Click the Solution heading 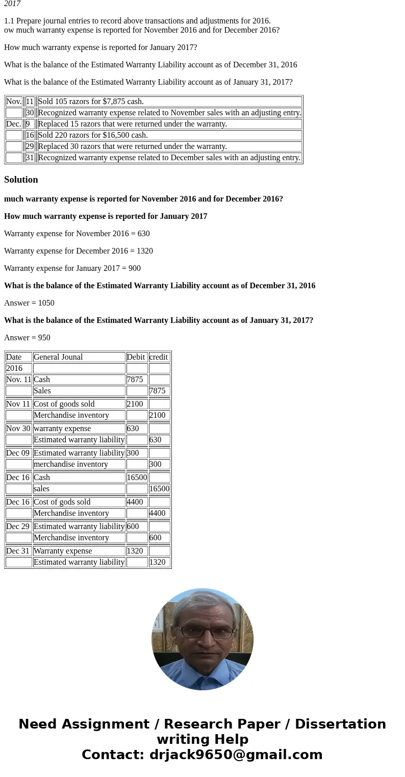(21, 180)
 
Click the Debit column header (136, 357)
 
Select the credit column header (159, 357)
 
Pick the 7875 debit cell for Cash (135, 380)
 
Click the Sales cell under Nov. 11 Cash (42, 391)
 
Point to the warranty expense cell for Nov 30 (62, 429)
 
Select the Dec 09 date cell (18, 453)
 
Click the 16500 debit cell (137, 478)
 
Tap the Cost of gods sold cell (62, 502)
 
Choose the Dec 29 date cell (18, 527)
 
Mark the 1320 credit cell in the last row (158, 562)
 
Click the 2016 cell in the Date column (14, 368)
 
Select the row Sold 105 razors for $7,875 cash (91, 102)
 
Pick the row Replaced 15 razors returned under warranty (133, 124)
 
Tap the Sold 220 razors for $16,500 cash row (93, 135)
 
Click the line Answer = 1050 (29, 303)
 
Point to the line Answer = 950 (27, 338)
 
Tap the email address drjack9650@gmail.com (236, 755)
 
